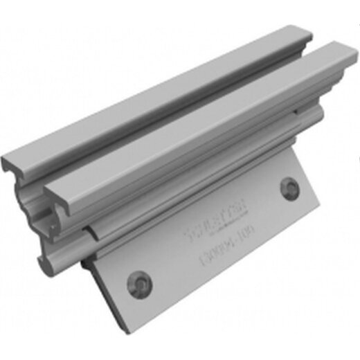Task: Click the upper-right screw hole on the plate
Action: point(290,187)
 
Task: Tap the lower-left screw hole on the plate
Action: point(136,280)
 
